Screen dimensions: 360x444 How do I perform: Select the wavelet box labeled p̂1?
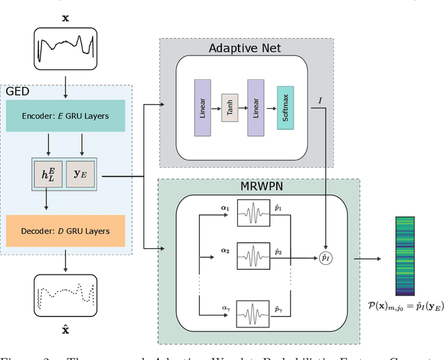(255, 212)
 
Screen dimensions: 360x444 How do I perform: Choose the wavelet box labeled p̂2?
(255, 257)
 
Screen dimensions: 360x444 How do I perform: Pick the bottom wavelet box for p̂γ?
(255, 314)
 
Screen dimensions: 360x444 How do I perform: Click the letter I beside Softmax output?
(321, 101)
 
